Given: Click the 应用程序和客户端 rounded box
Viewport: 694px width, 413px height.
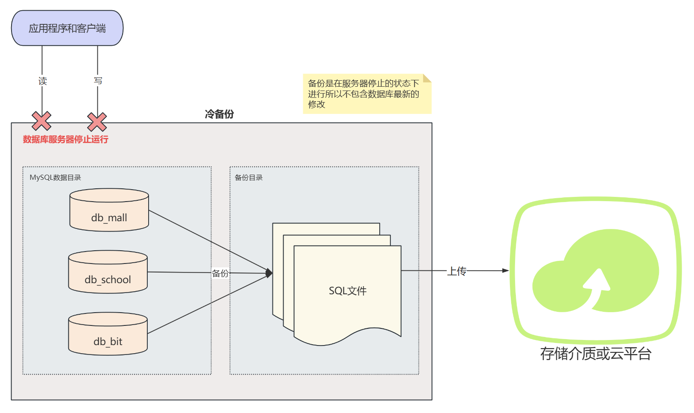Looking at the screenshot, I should pyautogui.click(x=67, y=28).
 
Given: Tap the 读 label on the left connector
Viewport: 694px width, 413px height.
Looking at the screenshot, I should pyautogui.click(x=42, y=81).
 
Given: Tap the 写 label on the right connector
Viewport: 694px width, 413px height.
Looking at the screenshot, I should pyautogui.click(x=98, y=80).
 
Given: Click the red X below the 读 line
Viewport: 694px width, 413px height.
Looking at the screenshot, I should pyautogui.click(x=41, y=121).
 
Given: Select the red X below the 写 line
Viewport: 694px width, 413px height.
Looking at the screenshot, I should pyautogui.click(x=97, y=122).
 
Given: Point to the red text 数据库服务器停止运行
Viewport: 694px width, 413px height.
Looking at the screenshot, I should pyautogui.click(x=65, y=139).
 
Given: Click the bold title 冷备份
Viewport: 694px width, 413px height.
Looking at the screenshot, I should pyautogui.click(x=219, y=114).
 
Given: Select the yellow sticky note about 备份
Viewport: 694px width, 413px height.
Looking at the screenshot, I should pyautogui.click(x=366, y=94).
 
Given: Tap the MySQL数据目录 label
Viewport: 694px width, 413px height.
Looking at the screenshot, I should pyautogui.click(x=55, y=178).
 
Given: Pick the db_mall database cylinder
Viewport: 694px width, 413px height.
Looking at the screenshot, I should pyautogui.click(x=109, y=210).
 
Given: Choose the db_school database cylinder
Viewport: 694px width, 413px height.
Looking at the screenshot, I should pyautogui.click(x=108, y=272).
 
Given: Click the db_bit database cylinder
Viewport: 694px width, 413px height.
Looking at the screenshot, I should pyautogui.click(x=108, y=334).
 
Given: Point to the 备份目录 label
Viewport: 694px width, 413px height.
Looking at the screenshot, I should pyautogui.click(x=249, y=178).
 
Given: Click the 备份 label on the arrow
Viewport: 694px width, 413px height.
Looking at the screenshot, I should pyautogui.click(x=220, y=273).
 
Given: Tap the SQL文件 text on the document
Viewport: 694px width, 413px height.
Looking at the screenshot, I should pyautogui.click(x=348, y=291).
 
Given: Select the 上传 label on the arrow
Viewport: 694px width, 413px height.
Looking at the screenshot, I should pyautogui.click(x=457, y=271).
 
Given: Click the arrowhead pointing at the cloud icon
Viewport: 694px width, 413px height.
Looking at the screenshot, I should pyautogui.click(x=505, y=270).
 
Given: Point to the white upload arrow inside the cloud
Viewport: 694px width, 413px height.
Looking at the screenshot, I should pyautogui.click(x=597, y=286).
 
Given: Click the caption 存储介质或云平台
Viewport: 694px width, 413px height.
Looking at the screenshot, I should pyautogui.click(x=595, y=354).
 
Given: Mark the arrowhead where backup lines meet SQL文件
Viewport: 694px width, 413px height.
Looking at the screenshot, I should pyautogui.click(x=269, y=273).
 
